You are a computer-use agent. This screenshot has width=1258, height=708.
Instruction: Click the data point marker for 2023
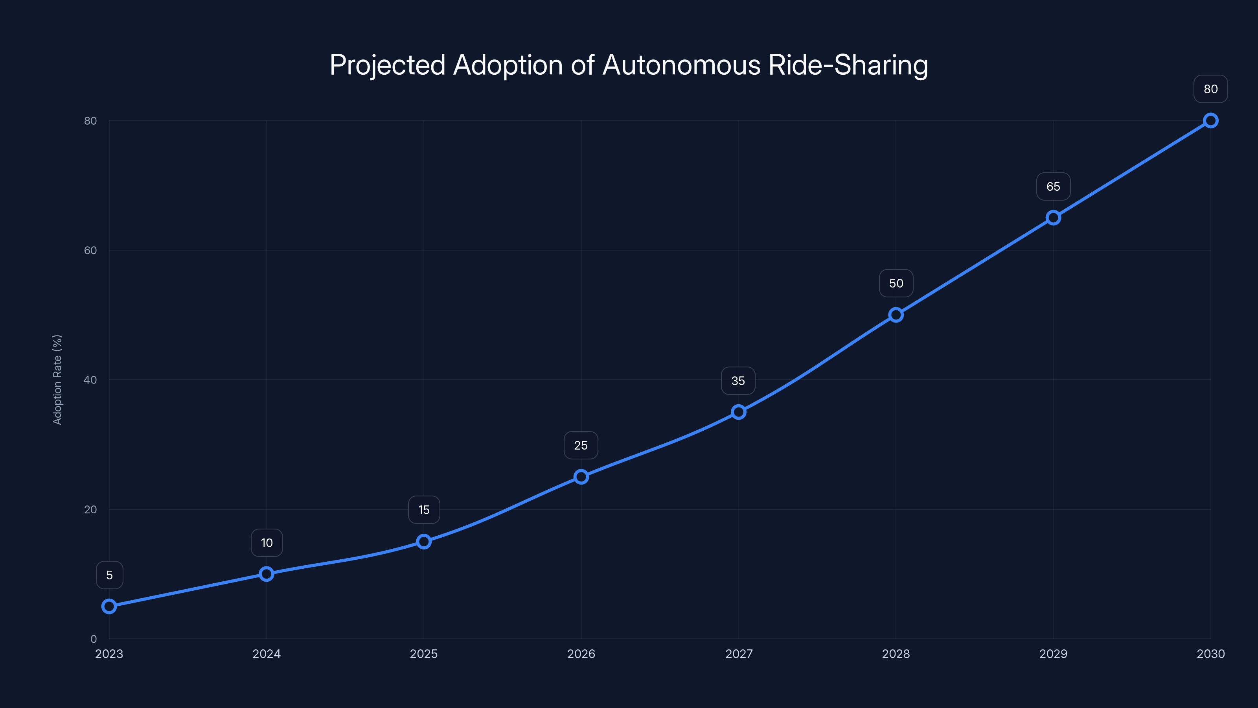click(x=109, y=607)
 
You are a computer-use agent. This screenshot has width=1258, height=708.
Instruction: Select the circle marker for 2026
click(x=581, y=477)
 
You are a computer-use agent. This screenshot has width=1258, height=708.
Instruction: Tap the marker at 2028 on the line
click(x=896, y=315)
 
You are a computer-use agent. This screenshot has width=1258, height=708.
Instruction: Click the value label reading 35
click(x=738, y=381)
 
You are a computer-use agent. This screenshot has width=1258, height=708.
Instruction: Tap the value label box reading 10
click(x=267, y=543)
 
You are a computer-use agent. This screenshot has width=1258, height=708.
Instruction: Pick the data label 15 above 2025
click(x=424, y=510)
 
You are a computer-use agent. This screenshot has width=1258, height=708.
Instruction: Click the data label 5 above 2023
click(x=109, y=575)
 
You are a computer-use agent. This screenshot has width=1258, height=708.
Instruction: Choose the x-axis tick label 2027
click(x=738, y=654)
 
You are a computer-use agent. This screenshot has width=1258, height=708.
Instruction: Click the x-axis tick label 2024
click(x=267, y=654)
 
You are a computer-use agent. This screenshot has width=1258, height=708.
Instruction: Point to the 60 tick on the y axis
click(x=91, y=250)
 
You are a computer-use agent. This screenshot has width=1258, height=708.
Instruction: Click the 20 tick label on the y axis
click(x=91, y=509)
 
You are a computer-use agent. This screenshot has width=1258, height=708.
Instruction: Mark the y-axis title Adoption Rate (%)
click(x=57, y=380)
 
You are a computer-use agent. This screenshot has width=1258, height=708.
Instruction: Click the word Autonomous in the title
click(x=681, y=65)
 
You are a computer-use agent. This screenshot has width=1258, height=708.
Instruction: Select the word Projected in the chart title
click(x=387, y=65)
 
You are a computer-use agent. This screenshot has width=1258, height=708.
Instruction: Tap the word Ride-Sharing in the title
click(x=848, y=65)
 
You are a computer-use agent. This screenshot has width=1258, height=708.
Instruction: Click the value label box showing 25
click(x=581, y=445)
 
